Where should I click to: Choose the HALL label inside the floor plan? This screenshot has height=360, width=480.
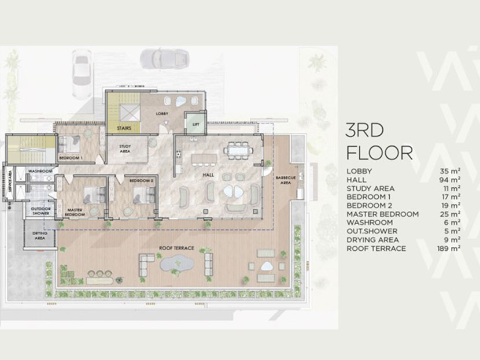pyautogui.click(x=209, y=174)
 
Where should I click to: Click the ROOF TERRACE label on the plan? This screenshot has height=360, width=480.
pyautogui.click(x=176, y=248)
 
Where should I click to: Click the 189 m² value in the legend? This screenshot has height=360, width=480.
pyautogui.click(x=449, y=248)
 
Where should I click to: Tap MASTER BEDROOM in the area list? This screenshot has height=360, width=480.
pyautogui.click(x=382, y=214)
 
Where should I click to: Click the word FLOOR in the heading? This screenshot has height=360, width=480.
pyautogui.click(x=379, y=153)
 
